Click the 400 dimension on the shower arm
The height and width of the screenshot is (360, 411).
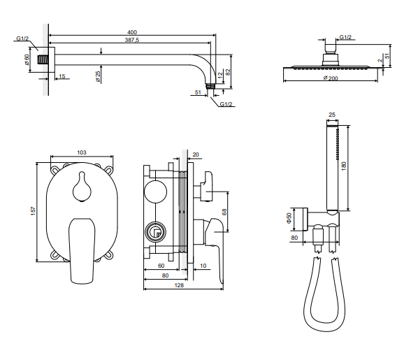pyautogui.click(x=132, y=32)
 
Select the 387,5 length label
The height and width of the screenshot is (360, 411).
pyautogui.click(x=132, y=40)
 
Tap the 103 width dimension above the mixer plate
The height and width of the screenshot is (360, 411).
pyautogui.click(x=82, y=152)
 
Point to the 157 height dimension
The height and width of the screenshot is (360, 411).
pyautogui.click(x=33, y=211)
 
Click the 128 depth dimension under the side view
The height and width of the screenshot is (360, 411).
pyautogui.click(x=179, y=285)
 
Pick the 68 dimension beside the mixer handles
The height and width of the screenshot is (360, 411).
pyautogui.click(x=224, y=212)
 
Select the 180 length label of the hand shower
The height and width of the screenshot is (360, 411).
pyautogui.click(x=344, y=166)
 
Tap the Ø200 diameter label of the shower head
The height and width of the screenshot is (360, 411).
pyautogui.click(x=330, y=78)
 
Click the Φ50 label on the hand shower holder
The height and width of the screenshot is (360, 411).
pyautogui.click(x=289, y=218)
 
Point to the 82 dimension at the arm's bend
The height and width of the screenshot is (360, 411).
pyautogui.click(x=228, y=72)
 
